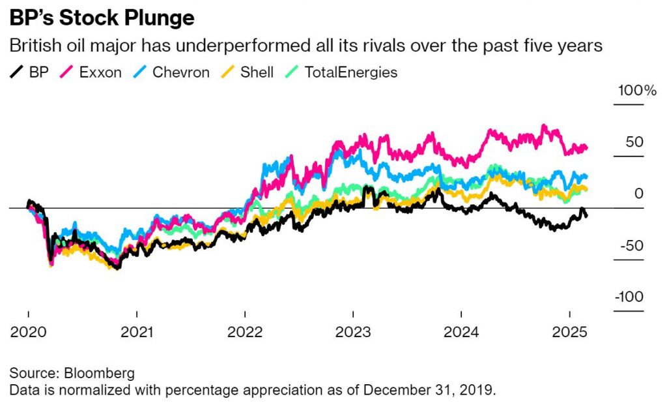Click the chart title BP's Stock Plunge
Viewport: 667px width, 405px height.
pos(102,18)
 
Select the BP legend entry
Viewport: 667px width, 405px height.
pos(29,72)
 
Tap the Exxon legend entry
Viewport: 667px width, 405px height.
pos(91,72)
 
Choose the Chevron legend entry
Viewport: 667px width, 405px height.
pos(171,72)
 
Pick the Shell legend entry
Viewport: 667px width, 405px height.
pos(247,72)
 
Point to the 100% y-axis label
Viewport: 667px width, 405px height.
pos(637,90)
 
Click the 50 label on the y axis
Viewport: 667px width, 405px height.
pos(634,142)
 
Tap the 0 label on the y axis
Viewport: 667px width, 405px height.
pos(638,193)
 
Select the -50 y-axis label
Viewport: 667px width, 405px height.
pos(632,245)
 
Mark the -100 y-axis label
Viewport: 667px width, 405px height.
pos(629,296)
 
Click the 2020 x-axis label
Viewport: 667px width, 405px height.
pos(28,332)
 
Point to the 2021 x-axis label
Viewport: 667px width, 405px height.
pos(137,332)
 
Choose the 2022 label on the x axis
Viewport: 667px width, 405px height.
pos(245,332)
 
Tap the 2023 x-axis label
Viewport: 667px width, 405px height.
pos(353,332)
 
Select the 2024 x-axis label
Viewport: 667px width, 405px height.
pos(461,332)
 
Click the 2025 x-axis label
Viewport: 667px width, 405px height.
pos(569,332)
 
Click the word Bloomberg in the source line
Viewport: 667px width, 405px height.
pos(99,373)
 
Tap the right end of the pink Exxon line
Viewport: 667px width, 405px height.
pos(587,148)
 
